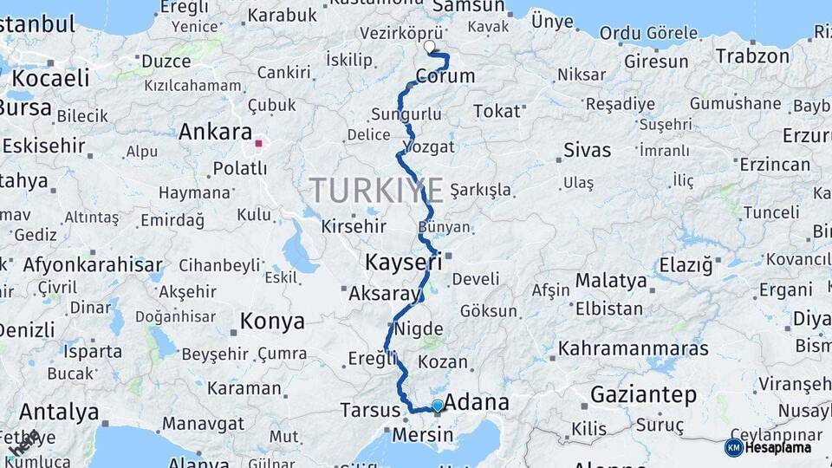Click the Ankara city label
(x=214, y=133)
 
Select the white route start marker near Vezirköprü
(x=429, y=47)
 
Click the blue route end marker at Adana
(x=438, y=406)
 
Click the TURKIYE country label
(x=377, y=190)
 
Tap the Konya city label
(x=272, y=322)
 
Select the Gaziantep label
(x=643, y=395)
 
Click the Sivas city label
(x=587, y=150)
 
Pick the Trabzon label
(x=752, y=56)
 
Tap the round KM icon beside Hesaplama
(x=733, y=448)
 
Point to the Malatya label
(x=611, y=281)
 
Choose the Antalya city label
(x=59, y=411)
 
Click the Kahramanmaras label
(x=633, y=348)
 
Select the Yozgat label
(x=429, y=146)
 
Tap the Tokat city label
(x=497, y=111)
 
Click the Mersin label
(x=422, y=434)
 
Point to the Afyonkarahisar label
(x=93, y=265)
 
